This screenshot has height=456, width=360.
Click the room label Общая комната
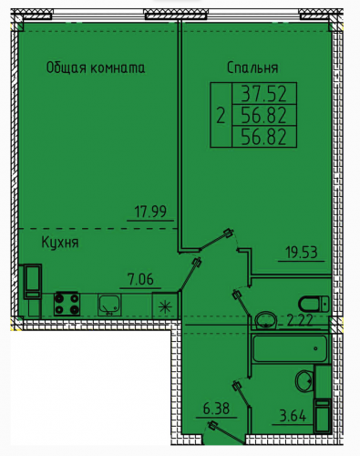96,67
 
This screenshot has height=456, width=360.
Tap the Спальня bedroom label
252,67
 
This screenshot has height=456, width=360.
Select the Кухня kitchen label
60,243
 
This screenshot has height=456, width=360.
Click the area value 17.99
150,212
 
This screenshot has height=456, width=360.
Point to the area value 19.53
302,252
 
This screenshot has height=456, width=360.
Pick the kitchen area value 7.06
140,279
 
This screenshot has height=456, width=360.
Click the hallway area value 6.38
216,409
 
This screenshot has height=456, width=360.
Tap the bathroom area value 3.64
293,416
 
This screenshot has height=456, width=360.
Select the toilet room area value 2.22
300,321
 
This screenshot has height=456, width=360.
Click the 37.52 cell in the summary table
264,93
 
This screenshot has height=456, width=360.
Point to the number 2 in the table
221,116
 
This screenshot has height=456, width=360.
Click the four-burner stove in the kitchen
67,304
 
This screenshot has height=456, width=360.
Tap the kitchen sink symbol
109,305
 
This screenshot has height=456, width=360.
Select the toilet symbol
314,304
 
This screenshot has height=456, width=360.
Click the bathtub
290,348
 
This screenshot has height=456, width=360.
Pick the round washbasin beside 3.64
304,380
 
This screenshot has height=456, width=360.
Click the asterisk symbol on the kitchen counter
165,306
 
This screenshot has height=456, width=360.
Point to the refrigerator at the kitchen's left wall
33,281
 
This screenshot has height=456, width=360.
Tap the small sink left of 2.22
266,320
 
